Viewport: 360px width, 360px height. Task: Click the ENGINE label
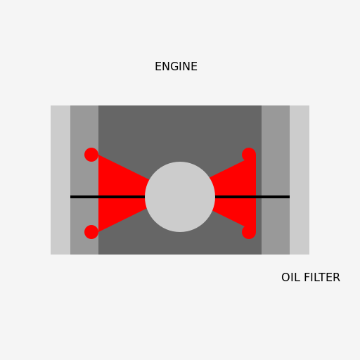(x=176, y=67)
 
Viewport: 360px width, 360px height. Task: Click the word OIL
(x=290, y=278)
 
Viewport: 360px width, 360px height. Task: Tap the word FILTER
(x=321, y=278)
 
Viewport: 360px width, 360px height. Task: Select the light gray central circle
(x=180, y=197)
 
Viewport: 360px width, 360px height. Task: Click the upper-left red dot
(x=91, y=155)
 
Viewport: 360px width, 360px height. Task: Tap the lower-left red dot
(x=91, y=232)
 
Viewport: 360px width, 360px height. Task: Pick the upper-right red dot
(x=249, y=155)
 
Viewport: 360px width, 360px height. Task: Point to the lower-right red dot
(x=249, y=232)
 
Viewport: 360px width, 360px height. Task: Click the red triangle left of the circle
(x=116, y=193)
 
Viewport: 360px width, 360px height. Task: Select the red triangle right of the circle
(x=239, y=193)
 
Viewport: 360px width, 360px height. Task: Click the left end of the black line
(x=72, y=197)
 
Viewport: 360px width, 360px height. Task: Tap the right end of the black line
(x=288, y=197)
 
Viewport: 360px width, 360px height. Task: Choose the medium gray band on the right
(x=276, y=127)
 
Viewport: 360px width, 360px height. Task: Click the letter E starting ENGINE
(x=158, y=67)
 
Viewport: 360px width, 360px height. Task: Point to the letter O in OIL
(x=285, y=278)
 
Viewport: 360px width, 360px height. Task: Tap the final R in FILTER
(x=337, y=278)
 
